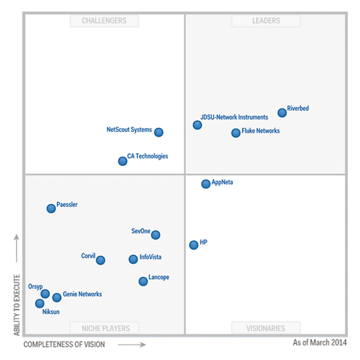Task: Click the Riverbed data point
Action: pos(282,113)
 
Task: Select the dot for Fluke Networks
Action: pos(236,133)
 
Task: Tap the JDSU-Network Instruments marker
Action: pos(197,125)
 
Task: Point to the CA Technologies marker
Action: pos(123,161)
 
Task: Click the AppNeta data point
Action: pos(206,184)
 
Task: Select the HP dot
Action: pos(194,245)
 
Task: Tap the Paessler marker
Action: pos(52,209)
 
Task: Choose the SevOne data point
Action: pos(155,235)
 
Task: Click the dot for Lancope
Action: pos(143,281)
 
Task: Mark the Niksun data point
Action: pos(40,304)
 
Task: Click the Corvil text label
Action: pos(88,256)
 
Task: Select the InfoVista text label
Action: pos(150,257)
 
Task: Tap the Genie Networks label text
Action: pos(82,295)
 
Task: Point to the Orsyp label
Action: pos(35,287)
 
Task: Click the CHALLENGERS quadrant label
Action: pos(104,20)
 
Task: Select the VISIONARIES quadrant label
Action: pos(265,328)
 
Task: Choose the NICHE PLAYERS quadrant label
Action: pos(104,328)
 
